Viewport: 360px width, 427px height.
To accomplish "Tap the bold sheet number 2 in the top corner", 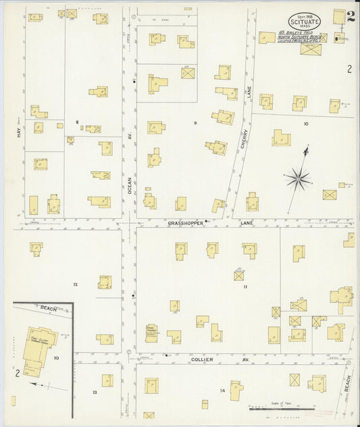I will pos(351,16).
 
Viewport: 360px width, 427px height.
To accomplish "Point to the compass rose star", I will pos(297,179).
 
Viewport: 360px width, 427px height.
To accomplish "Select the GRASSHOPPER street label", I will pos(186,222).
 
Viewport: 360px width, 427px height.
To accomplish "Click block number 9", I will pos(195,123).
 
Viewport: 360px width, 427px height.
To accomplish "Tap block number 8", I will pos(78,122).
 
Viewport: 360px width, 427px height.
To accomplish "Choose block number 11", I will pos(246,287).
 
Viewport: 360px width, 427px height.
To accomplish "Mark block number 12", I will pos(76,284).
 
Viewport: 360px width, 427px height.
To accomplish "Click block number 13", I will pos(95,392).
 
